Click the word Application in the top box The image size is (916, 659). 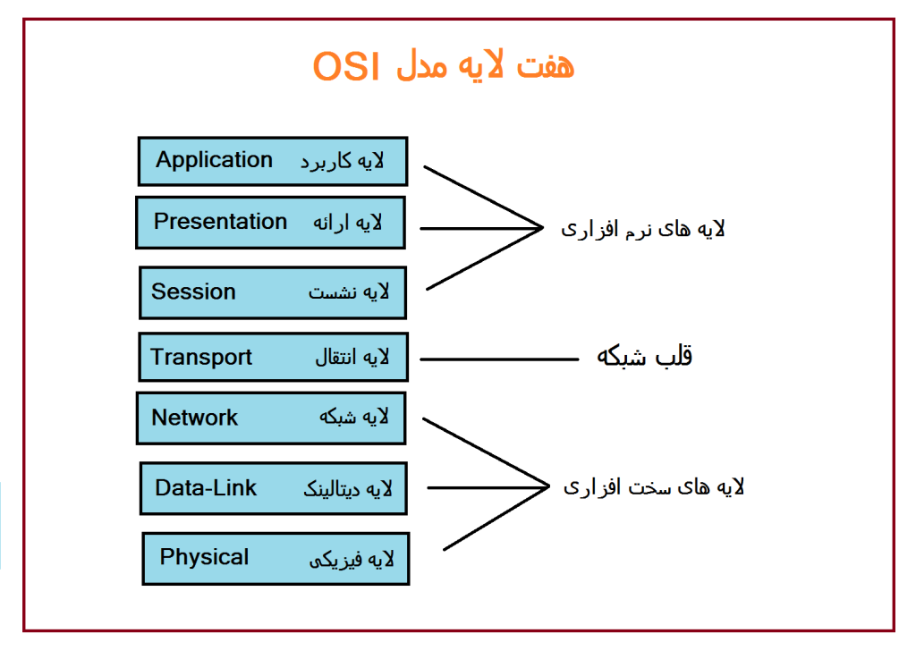coord(214,161)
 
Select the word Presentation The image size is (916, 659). coord(220,222)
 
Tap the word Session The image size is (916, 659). coord(193,292)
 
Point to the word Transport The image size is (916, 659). coord(201,358)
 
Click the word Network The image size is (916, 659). coord(194,418)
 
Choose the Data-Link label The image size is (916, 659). coord(206,488)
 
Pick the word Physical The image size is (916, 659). coord(204,557)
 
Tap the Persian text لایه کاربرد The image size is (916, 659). coord(342,162)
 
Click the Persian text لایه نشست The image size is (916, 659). coord(349,292)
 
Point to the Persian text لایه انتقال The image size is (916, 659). coord(352,358)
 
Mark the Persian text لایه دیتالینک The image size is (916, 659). coord(348,489)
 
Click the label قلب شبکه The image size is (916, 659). coord(644,357)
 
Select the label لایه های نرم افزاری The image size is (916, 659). coord(642,229)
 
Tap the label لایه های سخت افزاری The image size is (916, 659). coord(653,487)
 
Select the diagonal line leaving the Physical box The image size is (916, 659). coord(495,518)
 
